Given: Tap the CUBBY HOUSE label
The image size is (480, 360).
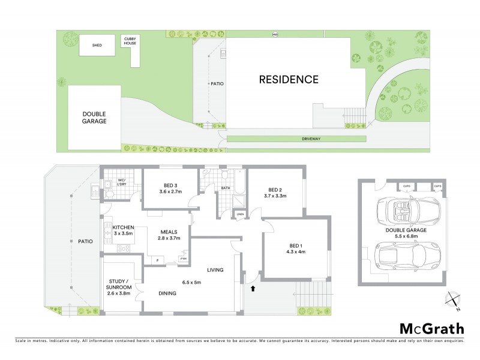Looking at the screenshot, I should (130, 40).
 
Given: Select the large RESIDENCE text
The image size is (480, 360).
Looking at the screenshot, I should (289, 79).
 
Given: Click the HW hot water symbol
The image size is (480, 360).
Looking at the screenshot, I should (275, 34).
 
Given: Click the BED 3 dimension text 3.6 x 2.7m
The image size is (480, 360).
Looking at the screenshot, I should (162, 191).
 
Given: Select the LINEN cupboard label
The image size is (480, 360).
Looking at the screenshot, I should (240, 214).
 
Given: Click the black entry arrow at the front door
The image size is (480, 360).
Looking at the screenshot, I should (253, 289).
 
